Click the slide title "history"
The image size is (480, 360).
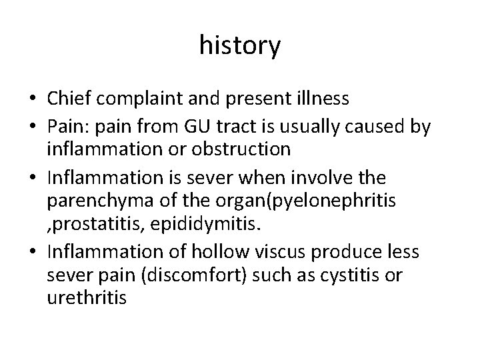240,46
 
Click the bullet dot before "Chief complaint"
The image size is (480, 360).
32,100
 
